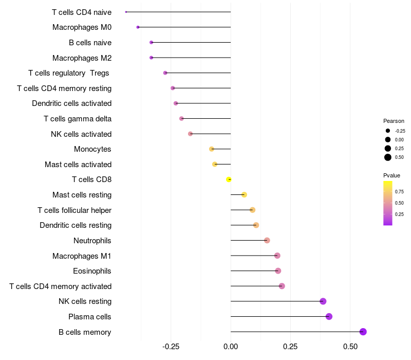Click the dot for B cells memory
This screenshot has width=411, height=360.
pyautogui.click(x=363, y=332)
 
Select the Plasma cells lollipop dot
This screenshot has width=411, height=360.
pyautogui.click(x=329, y=316)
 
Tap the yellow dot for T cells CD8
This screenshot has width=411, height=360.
pyautogui.click(x=229, y=179)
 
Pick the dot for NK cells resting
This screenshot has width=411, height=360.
pyautogui.click(x=323, y=301)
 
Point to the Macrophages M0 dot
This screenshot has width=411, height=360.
pyautogui.click(x=138, y=27)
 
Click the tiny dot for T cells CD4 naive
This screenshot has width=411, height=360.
pyautogui.click(x=126, y=12)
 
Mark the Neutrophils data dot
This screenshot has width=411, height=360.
pyautogui.click(x=267, y=240)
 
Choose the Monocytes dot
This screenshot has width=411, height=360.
pyautogui.click(x=211, y=149)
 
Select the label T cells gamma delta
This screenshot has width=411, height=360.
pyautogui.click(x=78, y=119)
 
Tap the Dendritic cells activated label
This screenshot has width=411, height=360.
pyautogui.click(x=72, y=103)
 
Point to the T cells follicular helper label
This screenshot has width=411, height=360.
pyautogui.click(x=74, y=210)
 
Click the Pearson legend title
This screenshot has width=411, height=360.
pyautogui.click(x=394, y=121)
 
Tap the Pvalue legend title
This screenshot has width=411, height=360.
pyautogui.click(x=392, y=175)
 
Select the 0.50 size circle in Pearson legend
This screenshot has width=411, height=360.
pyautogui.click(x=387, y=157)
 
